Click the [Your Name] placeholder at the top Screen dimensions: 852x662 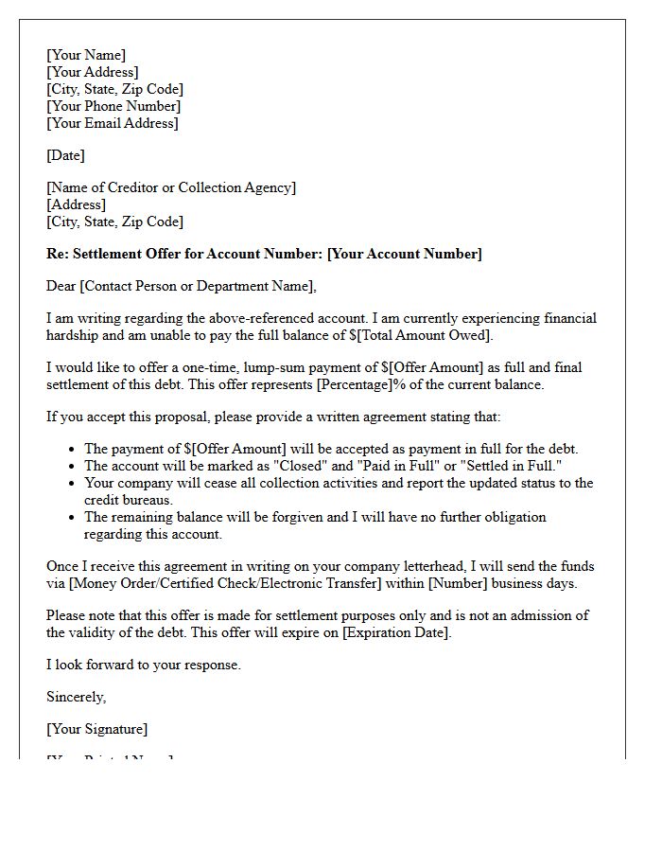click(86, 55)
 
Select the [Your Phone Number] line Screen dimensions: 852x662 click(113, 106)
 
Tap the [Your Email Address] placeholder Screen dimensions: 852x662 click(113, 123)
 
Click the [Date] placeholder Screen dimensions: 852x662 click(65, 155)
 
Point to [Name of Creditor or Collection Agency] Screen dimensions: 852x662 click(171, 187)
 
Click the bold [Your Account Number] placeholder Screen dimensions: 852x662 click(405, 254)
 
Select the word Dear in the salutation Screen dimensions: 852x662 click(61, 286)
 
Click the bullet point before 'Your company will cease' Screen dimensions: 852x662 click(73, 484)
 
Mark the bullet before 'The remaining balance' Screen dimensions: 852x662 click(73, 518)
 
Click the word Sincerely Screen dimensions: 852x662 click(76, 697)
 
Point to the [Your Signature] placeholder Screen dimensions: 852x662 click(96, 729)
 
